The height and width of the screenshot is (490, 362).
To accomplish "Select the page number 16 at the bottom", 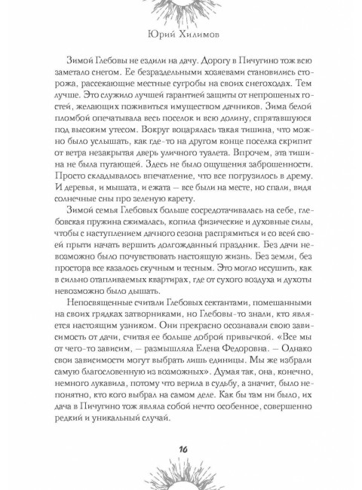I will click(182, 449).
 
